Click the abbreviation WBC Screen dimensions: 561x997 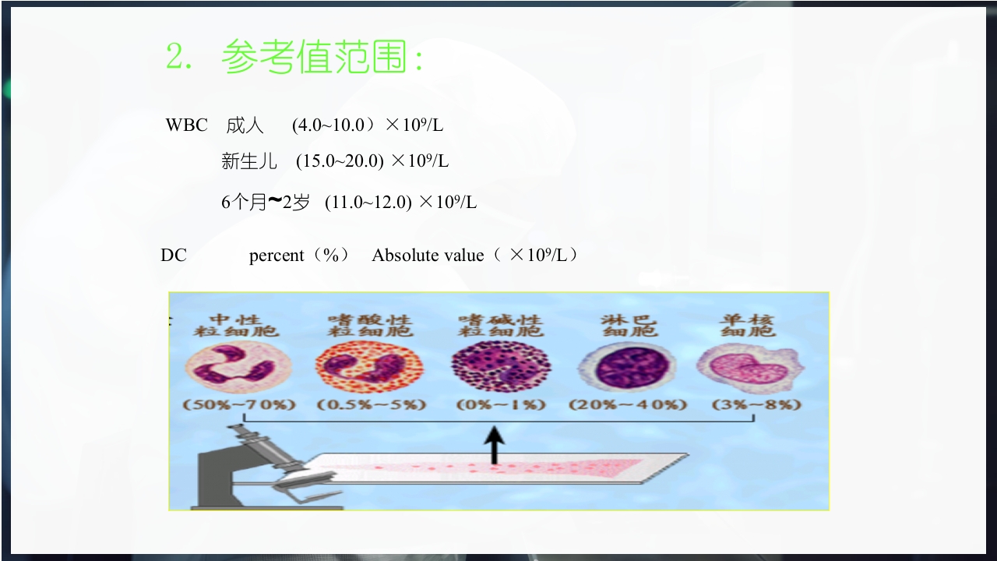coord(186,125)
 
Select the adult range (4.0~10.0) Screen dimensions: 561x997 coord(328,125)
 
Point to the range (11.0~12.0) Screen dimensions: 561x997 coord(368,203)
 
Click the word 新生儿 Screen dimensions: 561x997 coord(249,161)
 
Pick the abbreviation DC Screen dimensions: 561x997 coord(174,255)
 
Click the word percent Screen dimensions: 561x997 coord(277,256)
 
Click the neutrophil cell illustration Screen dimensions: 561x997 coord(238,366)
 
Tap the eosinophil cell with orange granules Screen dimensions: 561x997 coord(368,367)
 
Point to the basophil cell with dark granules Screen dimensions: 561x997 coord(500,366)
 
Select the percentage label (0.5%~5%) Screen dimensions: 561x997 coord(372,405)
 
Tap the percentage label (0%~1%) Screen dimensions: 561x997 coord(501,405)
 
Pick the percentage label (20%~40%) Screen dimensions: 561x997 coord(627,405)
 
